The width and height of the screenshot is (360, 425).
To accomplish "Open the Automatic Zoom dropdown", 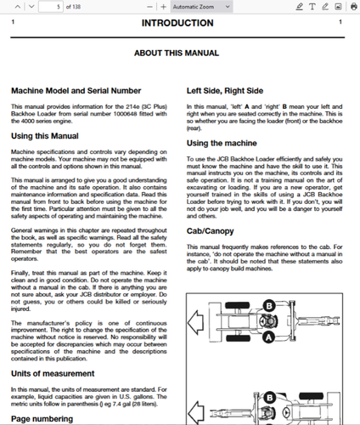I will (200, 6).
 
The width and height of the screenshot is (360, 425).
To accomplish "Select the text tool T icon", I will (312, 6).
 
